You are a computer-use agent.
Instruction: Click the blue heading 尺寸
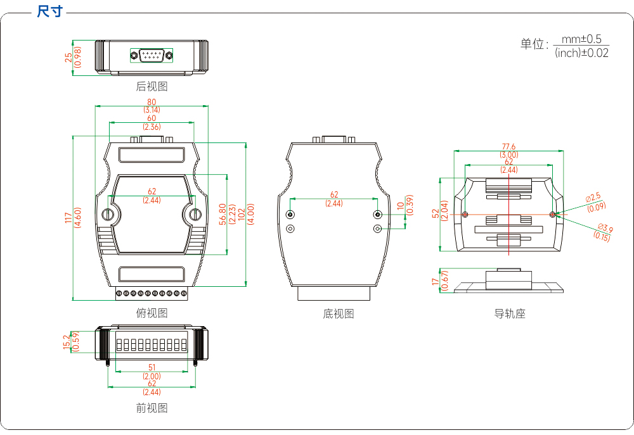49,11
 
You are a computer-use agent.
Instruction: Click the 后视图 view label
152,86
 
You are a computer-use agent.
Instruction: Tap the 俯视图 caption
152,313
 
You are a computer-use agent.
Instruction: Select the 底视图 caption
339,313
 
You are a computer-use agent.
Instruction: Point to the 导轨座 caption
510,313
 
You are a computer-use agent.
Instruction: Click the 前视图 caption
152,408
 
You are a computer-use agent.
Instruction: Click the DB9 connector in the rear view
152,55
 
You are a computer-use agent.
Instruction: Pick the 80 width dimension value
152,102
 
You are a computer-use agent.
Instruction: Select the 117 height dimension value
68,218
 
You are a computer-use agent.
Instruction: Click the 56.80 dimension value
223,214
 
